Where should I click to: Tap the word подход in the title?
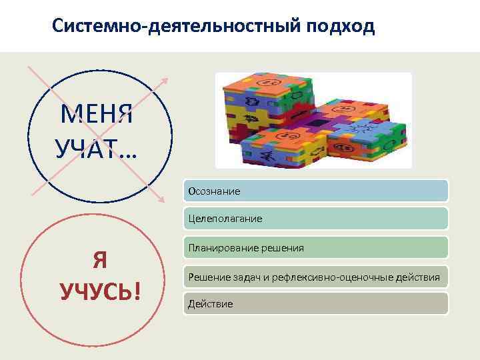point(341,27)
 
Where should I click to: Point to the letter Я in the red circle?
point(100,261)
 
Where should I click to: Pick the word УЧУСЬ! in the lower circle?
point(100,291)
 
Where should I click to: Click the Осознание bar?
point(317,191)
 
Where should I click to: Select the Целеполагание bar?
point(317,219)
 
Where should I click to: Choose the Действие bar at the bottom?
point(317,304)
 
